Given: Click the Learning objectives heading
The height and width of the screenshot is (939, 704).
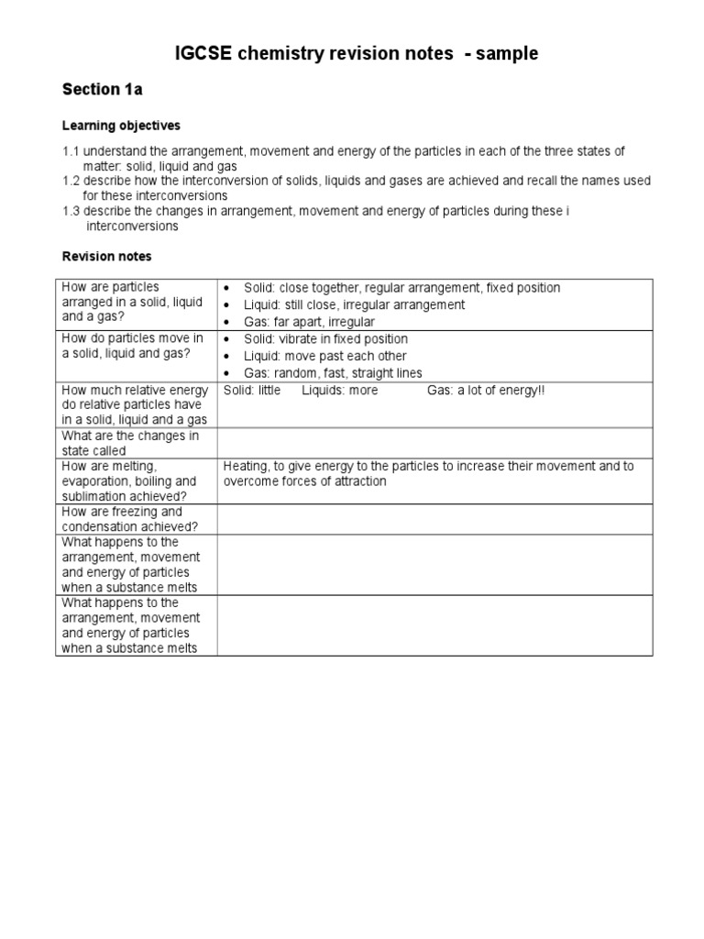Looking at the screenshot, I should coord(121,125).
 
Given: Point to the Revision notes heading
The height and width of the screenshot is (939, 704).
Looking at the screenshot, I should coord(106,257).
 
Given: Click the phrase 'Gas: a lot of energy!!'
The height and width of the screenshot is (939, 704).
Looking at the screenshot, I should coord(485,391).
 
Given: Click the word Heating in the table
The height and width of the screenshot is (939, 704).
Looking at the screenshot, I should coord(247,466).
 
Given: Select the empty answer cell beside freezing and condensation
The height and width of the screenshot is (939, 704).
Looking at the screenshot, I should coord(434,519).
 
